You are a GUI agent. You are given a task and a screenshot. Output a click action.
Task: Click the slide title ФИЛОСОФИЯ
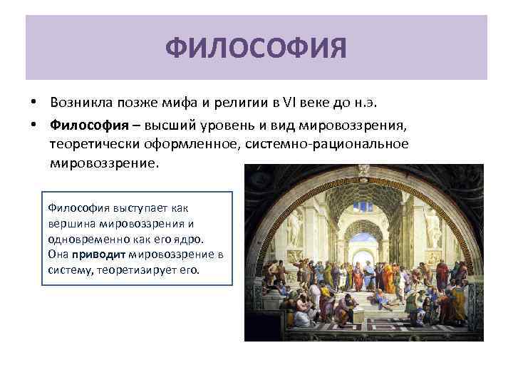(256, 49)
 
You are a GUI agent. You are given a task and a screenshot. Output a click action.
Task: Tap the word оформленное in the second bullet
(194, 144)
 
